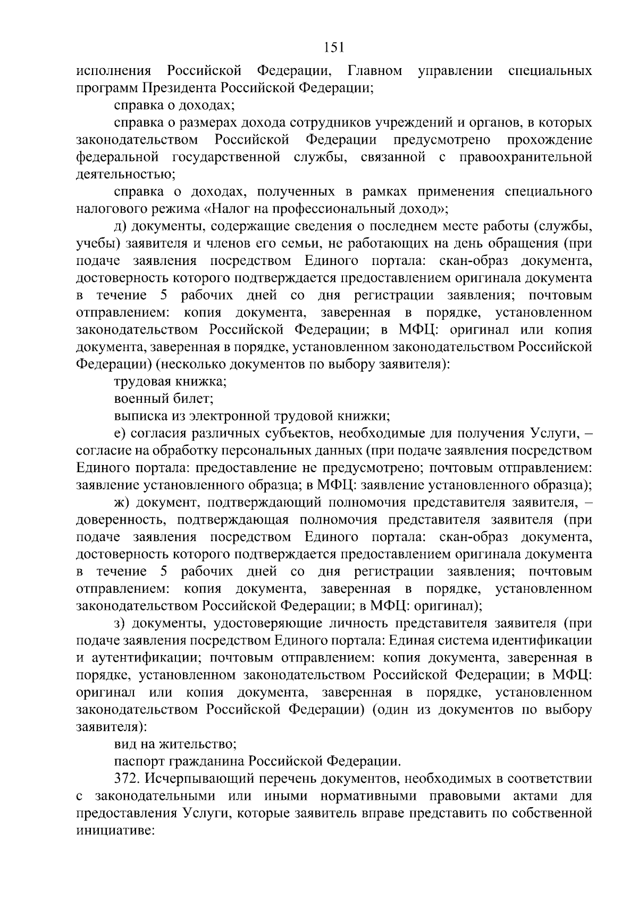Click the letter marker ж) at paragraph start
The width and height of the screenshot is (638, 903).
click(x=122, y=502)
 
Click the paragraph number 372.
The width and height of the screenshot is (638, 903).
click(x=127, y=779)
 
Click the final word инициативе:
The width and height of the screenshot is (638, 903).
click(x=114, y=831)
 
